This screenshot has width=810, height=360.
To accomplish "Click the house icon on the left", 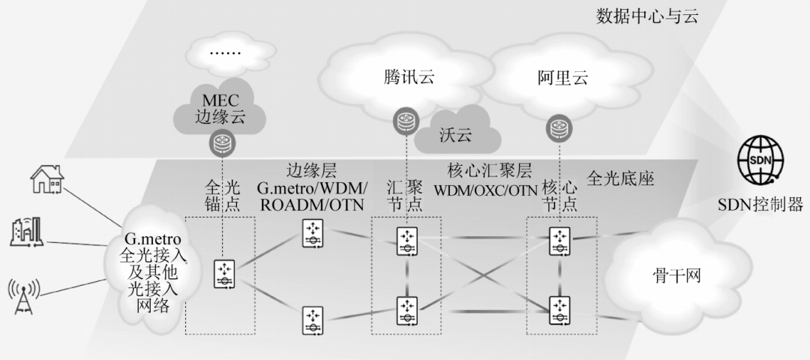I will (47, 181).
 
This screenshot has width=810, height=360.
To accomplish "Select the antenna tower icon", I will (24, 295).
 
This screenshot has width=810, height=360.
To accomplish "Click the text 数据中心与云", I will (646, 16).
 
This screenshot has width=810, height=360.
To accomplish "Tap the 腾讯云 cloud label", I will (409, 76).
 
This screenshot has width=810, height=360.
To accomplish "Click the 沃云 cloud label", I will (456, 136).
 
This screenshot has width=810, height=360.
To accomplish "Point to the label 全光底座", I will (620, 179).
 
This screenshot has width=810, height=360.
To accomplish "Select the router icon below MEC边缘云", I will (223, 140).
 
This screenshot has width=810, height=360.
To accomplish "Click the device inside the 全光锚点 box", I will (224, 274).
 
